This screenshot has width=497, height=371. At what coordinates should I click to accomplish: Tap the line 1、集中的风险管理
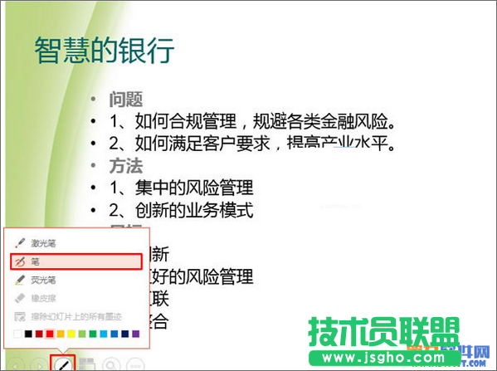(x=182, y=188)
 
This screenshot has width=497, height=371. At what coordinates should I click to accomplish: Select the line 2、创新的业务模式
(x=182, y=209)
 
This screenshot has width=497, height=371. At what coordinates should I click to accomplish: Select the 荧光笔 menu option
(x=46, y=280)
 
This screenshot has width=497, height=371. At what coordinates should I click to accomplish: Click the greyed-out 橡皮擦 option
(x=46, y=298)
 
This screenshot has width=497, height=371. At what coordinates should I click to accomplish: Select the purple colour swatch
(x=135, y=334)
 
